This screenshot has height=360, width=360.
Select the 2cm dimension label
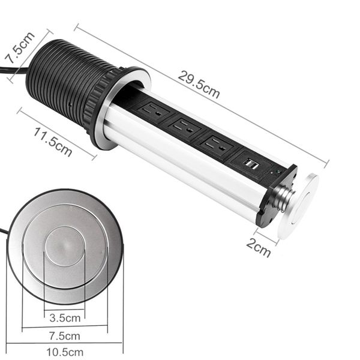click(x=258, y=246)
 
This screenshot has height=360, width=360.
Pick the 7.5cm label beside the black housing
click(x=18, y=48)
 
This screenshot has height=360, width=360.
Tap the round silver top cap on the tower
click(x=304, y=204)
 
